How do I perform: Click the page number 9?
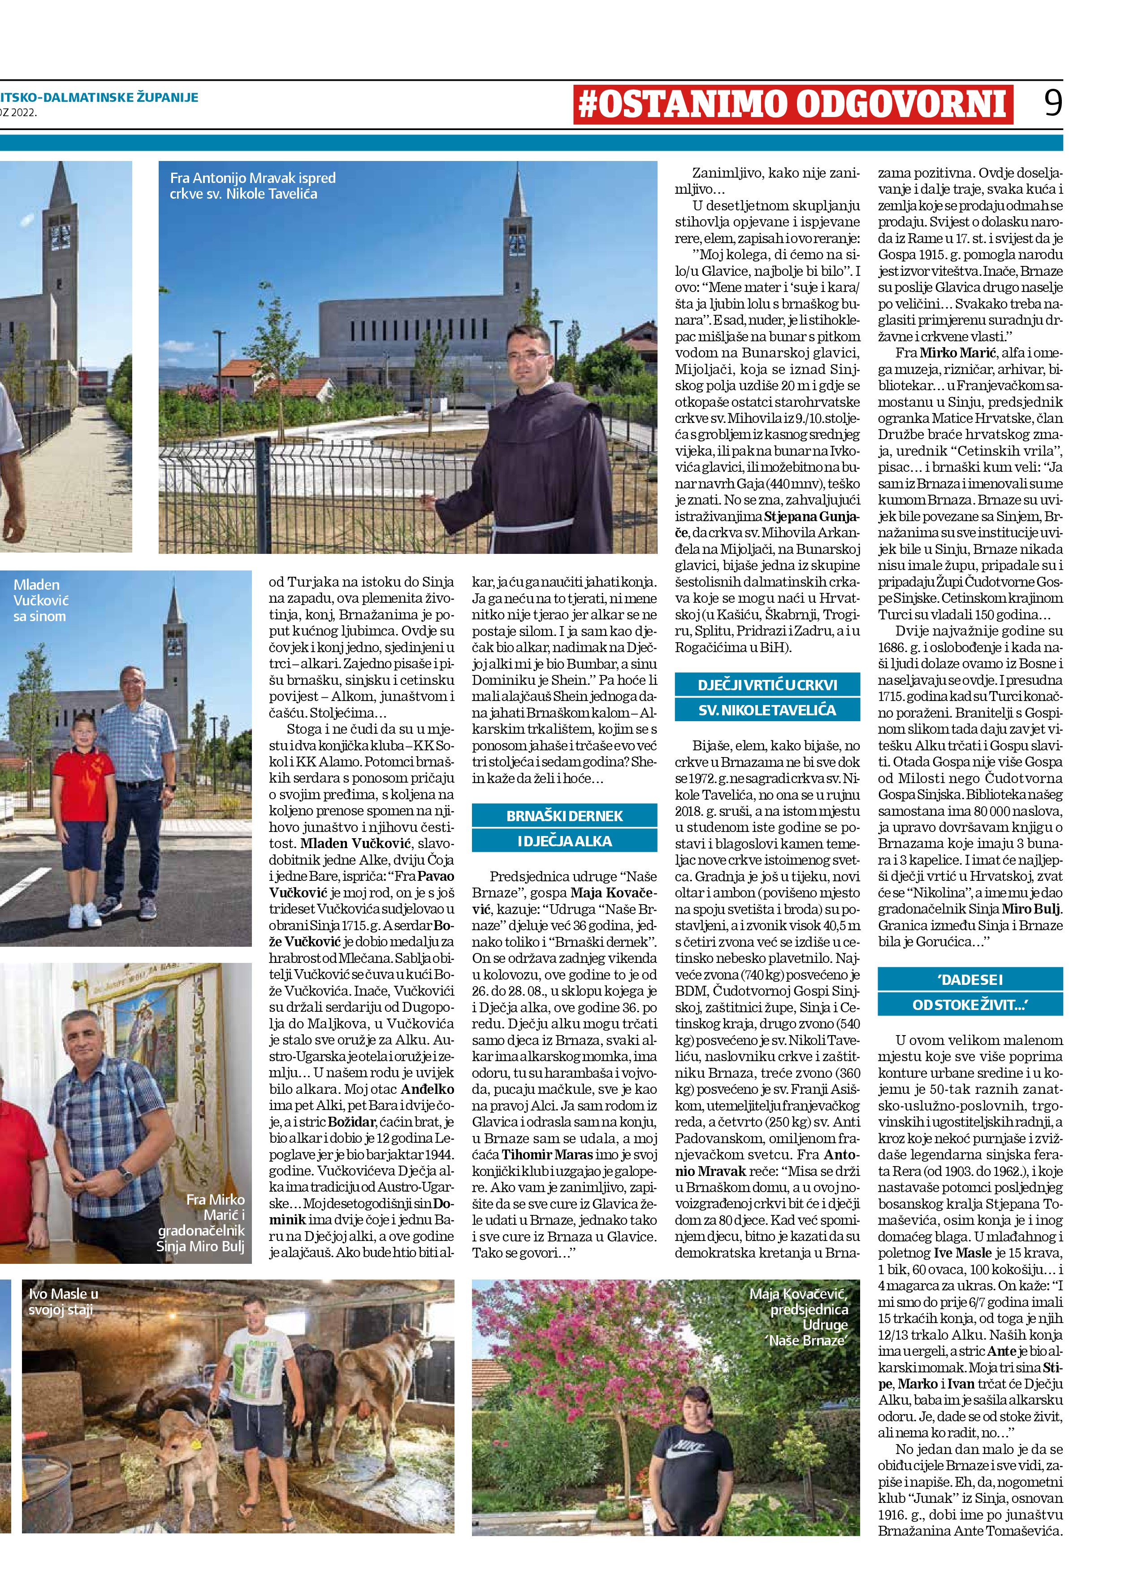(1052, 104)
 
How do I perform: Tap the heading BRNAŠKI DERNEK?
(564, 815)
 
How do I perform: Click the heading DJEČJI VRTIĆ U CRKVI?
(767, 684)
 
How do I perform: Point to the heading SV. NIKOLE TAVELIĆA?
(767, 710)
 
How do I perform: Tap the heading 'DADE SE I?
(970, 980)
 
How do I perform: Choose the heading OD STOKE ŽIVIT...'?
(970, 1005)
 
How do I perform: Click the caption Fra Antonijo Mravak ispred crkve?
(253, 186)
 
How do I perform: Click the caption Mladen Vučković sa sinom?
(41, 601)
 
